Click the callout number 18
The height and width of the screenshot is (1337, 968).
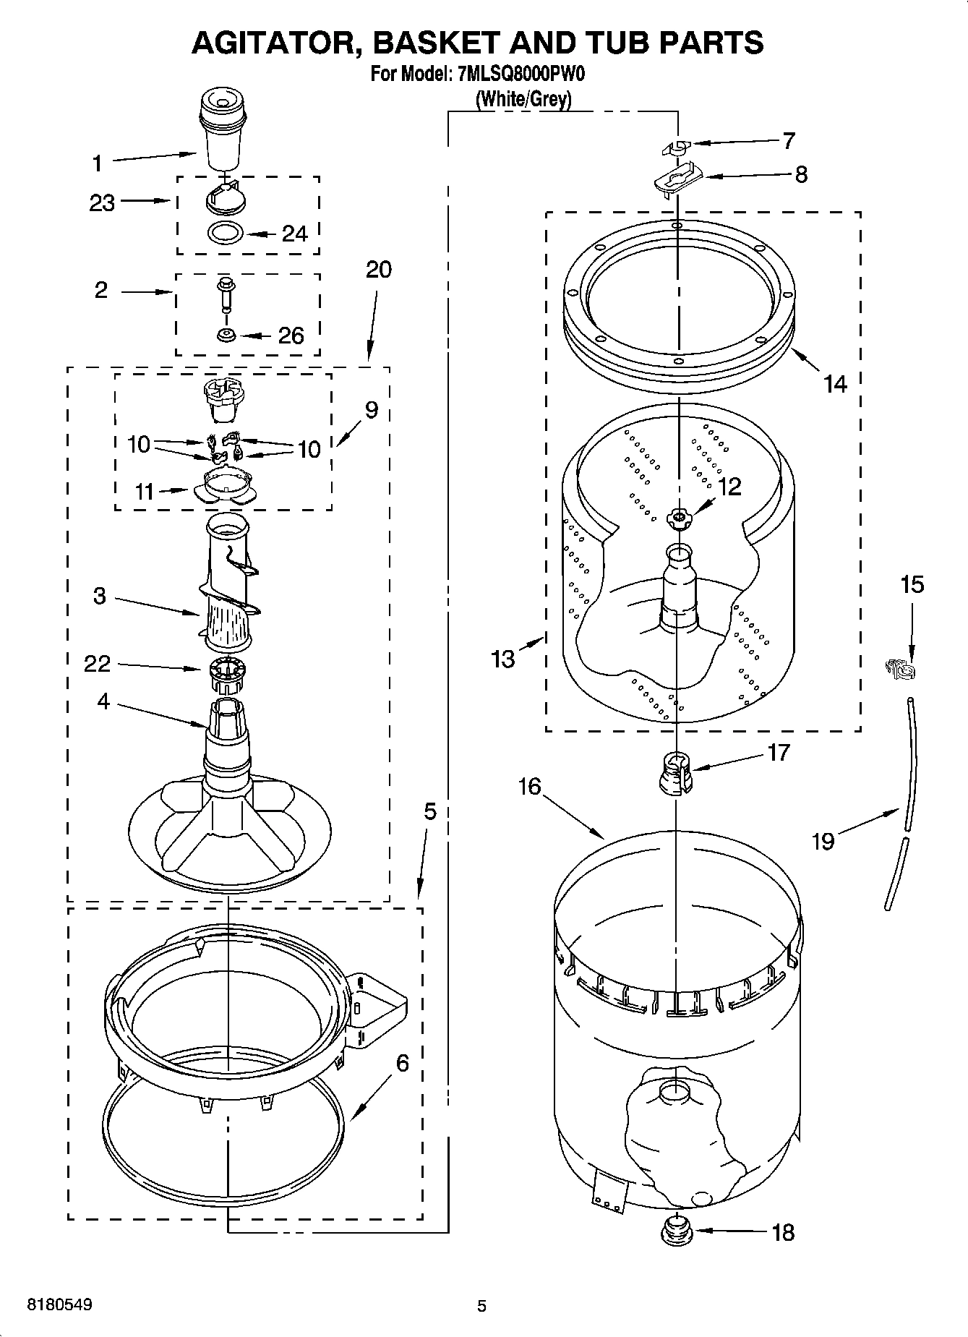click(783, 1232)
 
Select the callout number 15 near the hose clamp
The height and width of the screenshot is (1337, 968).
click(912, 584)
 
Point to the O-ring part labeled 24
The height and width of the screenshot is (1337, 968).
click(224, 234)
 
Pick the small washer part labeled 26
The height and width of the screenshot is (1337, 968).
click(226, 336)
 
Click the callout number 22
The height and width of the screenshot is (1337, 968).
click(97, 663)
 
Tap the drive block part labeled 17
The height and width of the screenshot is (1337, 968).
click(676, 772)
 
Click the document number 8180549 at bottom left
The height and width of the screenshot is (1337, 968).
click(59, 1305)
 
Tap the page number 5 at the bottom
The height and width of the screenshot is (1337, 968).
click(481, 1306)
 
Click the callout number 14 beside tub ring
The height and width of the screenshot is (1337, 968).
click(835, 383)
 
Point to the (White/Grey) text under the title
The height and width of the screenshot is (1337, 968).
click(523, 99)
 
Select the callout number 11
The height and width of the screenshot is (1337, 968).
click(145, 492)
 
